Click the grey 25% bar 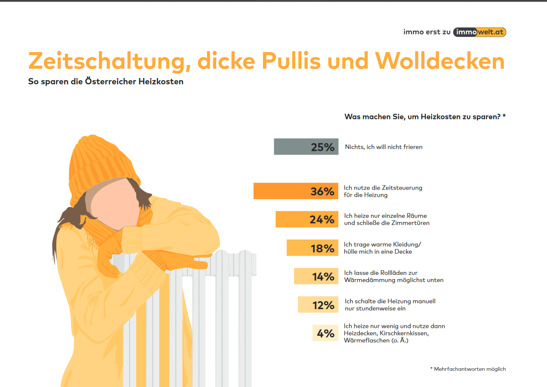pos(306,147)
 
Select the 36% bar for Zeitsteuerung pos(296,191)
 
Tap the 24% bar pos(307,219)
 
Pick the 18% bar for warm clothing pos(312,248)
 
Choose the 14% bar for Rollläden pos(316,276)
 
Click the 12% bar pos(318,305)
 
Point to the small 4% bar pos(325,333)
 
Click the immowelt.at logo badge pos(480,32)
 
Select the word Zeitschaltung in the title pos(107,61)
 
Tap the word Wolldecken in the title pos(440,61)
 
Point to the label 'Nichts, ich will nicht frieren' pos(384,147)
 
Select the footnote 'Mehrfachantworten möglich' pos(470,369)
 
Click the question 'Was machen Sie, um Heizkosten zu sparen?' pos(425,117)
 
